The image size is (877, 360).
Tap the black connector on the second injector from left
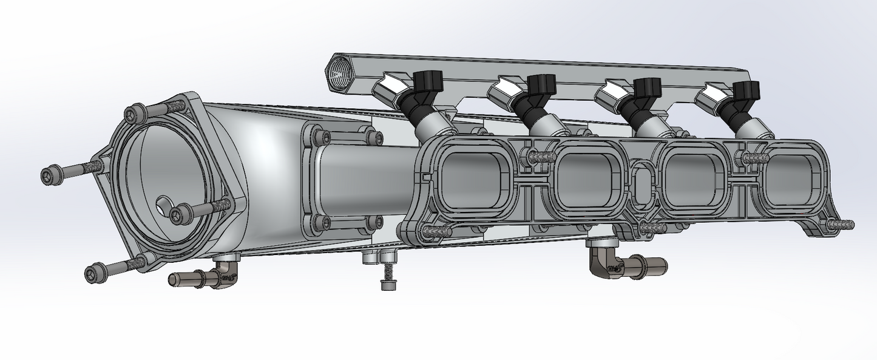541,84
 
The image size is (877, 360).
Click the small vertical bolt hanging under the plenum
385,279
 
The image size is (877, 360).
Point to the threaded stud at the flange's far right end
842,225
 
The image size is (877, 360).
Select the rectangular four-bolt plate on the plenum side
343,180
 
